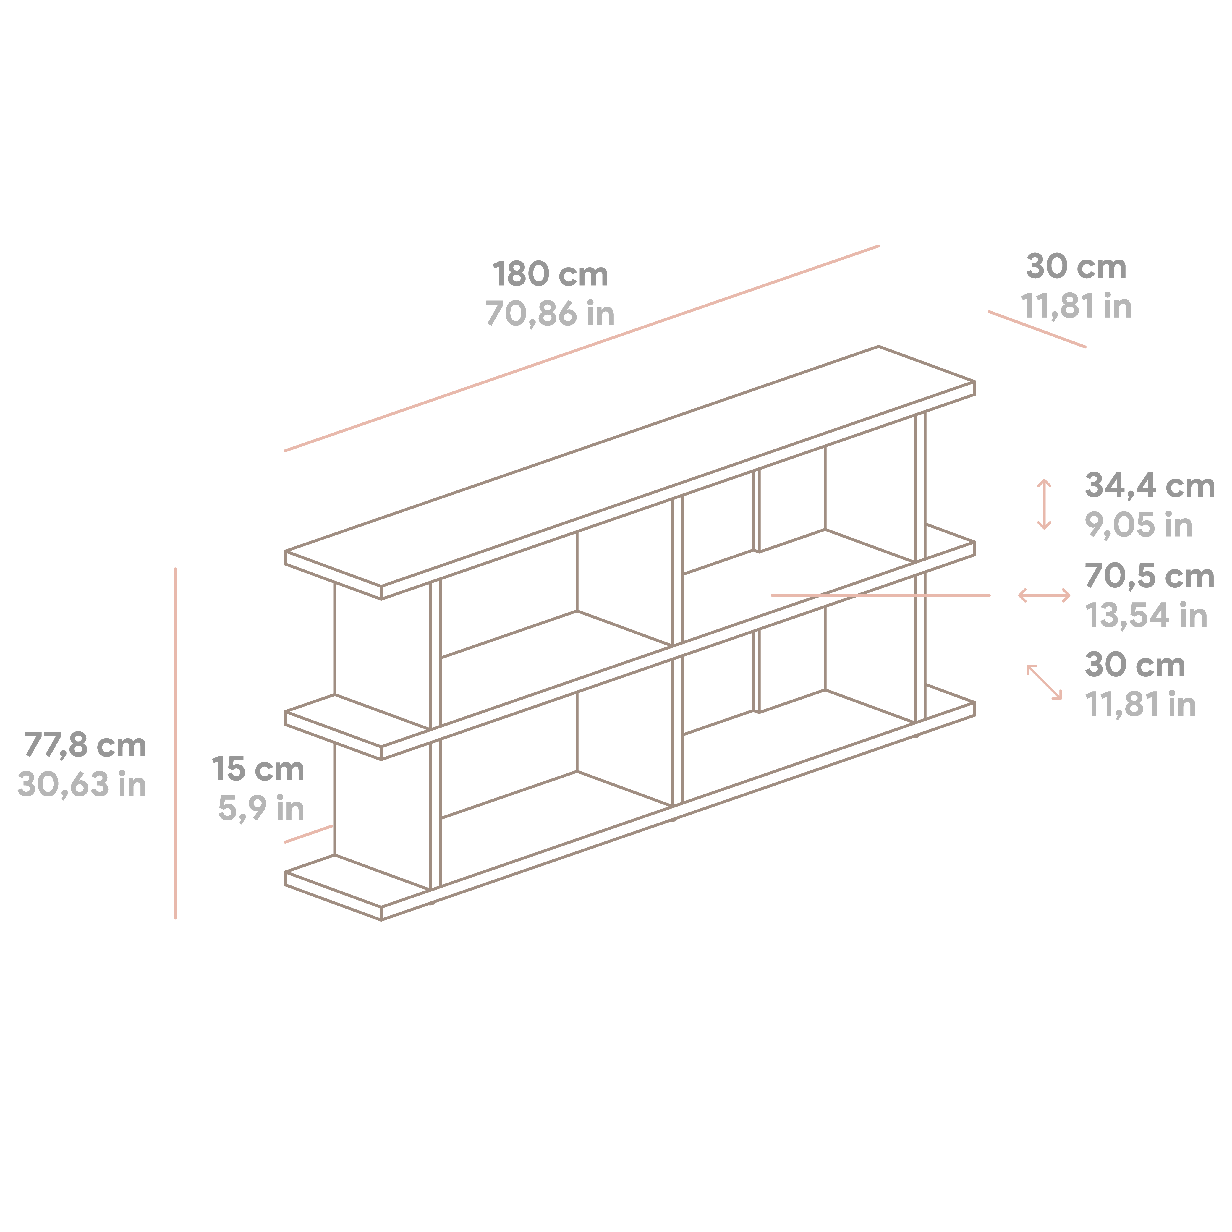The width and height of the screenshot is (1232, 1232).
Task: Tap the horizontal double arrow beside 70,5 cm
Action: click(1044, 595)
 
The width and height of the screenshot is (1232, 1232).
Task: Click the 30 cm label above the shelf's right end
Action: click(1076, 267)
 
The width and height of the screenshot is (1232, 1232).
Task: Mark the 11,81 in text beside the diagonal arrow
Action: click(1140, 705)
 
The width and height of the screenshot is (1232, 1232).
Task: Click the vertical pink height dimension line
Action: click(175, 743)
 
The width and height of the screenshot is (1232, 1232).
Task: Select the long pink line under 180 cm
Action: click(582, 348)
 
